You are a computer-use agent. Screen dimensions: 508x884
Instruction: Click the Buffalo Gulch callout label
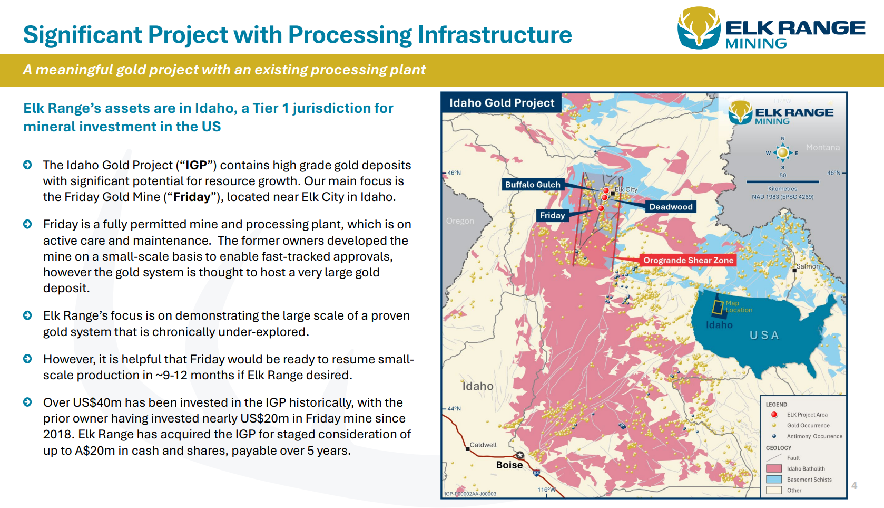click(x=533, y=185)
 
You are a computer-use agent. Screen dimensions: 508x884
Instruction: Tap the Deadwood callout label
click(x=671, y=207)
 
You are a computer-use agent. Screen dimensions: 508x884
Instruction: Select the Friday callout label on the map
click(x=552, y=215)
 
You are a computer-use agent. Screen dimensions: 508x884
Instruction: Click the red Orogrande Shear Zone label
click(x=688, y=260)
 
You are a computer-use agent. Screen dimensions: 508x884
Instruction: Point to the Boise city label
click(x=509, y=465)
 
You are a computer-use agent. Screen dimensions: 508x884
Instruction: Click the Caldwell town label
click(x=483, y=445)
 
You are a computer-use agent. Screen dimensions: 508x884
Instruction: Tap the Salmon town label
click(x=808, y=266)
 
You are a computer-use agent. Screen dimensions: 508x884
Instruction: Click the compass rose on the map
click(x=783, y=153)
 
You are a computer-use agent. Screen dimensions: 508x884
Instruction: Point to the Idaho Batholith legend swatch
click(x=773, y=468)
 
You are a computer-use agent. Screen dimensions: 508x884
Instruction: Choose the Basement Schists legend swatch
click(x=773, y=480)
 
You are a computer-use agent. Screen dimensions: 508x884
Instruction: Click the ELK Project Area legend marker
click(x=774, y=415)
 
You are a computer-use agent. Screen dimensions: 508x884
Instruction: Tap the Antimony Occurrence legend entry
click(x=814, y=436)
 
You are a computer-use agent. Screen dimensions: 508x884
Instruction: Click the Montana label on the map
click(x=822, y=147)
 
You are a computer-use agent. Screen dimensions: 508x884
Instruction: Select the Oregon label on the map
click(x=460, y=221)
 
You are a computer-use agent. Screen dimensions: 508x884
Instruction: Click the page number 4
click(x=854, y=485)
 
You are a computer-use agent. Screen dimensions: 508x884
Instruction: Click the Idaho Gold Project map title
click(x=502, y=103)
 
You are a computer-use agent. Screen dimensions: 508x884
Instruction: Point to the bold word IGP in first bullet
click(x=196, y=165)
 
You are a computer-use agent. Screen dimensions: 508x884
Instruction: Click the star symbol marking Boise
click(x=520, y=455)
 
